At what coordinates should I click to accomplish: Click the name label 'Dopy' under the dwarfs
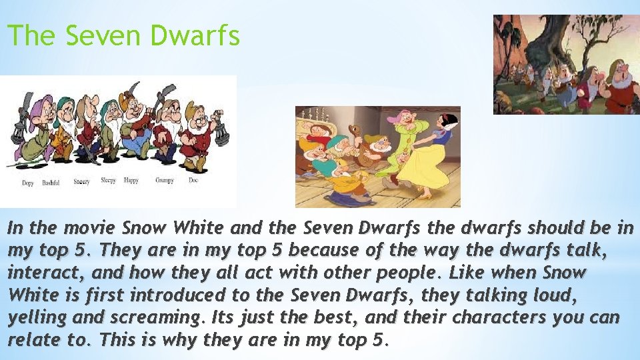27,183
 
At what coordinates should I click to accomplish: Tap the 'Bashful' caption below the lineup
51,183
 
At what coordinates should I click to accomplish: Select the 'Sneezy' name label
81,181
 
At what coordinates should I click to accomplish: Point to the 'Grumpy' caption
164,180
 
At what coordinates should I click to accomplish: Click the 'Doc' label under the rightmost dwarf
193,180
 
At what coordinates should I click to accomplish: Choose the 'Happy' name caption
131,180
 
